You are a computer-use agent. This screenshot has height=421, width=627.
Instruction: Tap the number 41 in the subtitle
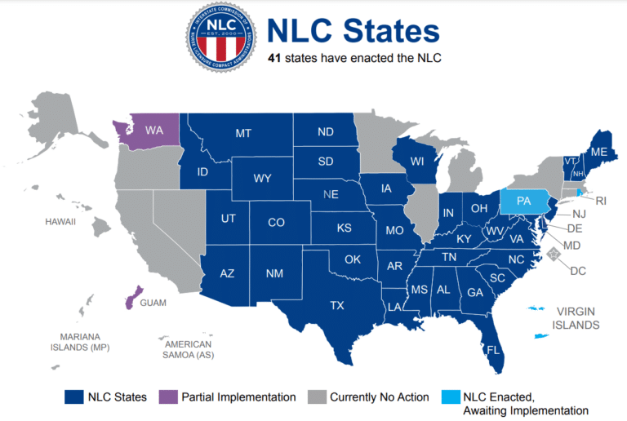(277, 59)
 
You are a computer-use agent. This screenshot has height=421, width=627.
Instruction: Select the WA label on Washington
(154, 130)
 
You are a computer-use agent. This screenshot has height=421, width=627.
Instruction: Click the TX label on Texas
(336, 306)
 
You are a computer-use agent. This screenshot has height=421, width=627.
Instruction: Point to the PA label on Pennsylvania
(525, 201)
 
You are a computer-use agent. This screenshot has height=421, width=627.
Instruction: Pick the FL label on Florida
(493, 350)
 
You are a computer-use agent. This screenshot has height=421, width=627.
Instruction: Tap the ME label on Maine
(598, 152)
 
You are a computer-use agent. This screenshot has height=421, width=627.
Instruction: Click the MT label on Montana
(243, 133)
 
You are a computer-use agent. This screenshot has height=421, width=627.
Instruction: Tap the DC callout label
(579, 270)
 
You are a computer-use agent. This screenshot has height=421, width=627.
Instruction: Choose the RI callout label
(601, 201)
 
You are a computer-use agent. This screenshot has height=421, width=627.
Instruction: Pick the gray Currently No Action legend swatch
(316, 397)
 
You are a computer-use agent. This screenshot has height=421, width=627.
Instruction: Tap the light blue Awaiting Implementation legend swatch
(449, 397)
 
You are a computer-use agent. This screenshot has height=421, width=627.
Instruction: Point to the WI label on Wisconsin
(417, 162)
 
